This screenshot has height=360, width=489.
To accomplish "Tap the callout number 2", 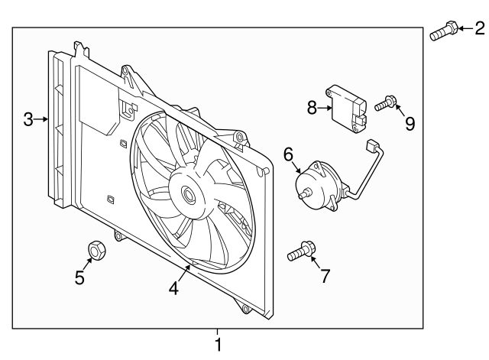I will click(x=479, y=29).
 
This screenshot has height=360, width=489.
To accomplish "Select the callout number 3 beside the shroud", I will click(x=28, y=119).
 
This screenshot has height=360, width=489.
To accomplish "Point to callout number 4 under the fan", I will click(x=173, y=288).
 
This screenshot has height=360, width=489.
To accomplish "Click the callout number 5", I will click(x=79, y=277).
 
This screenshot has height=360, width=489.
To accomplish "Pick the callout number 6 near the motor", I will click(x=289, y=154).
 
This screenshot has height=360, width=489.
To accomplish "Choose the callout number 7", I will click(x=325, y=276).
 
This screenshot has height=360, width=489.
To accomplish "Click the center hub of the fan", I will click(x=187, y=194).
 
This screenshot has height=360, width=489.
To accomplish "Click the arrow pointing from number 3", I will click(x=42, y=119).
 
